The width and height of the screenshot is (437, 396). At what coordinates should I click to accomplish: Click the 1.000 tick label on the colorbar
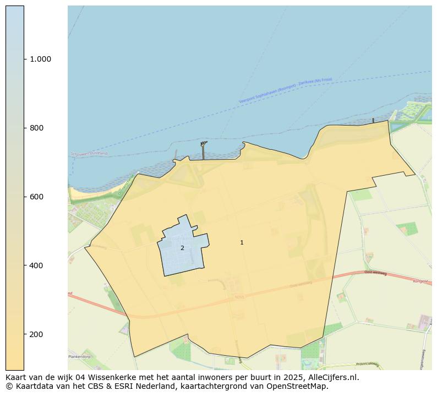(40, 59)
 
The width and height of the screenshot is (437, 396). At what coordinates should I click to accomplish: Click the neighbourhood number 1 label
(242, 242)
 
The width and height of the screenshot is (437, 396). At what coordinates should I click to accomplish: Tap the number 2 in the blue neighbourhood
(182, 248)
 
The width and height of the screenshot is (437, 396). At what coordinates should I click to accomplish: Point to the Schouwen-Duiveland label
(89, 154)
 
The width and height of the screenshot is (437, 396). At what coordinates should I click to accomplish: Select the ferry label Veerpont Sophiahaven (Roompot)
(267, 94)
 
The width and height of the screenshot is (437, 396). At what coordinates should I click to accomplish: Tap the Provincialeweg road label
(368, 364)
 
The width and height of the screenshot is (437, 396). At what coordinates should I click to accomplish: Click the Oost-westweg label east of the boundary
(375, 273)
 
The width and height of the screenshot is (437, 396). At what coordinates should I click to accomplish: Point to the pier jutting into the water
(204, 150)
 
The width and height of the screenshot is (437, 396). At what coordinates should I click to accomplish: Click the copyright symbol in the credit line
(9, 386)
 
